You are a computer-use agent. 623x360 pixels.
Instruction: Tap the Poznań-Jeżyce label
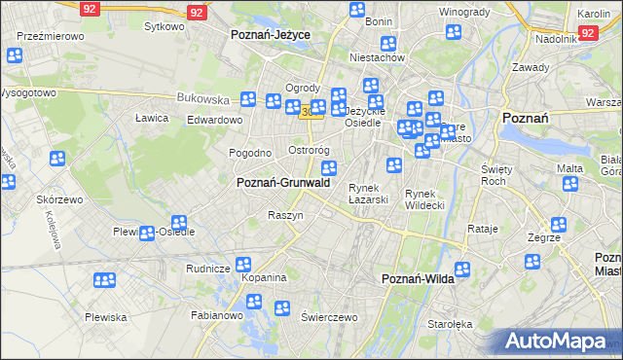[270, 34]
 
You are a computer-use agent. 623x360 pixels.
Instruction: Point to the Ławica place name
[152, 118]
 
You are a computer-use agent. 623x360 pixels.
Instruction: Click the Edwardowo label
[214, 120]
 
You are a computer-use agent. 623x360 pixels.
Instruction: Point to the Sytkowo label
[164, 26]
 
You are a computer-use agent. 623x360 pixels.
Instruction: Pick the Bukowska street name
[202, 98]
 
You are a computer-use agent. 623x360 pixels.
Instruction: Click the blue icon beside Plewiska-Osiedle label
[146, 234]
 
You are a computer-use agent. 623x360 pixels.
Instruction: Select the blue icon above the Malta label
[571, 184]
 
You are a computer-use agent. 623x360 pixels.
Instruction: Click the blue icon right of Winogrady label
[453, 32]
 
